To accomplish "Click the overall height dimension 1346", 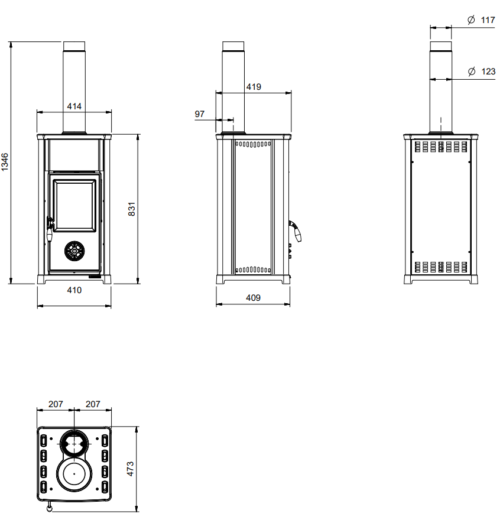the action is pyautogui.click(x=5, y=162).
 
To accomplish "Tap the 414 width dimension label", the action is pyautogui.click(x=74, y=106).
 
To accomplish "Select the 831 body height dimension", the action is pyautogui.click(x=132, y=209).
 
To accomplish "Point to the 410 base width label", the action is pyautogui.click(x=74, y=290).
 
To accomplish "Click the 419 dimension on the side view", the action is pyautogui.click(x=254, y=87).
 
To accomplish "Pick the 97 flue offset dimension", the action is pyautogui.click(x=199, y=114).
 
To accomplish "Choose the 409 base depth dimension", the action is pyautogui.click(x=253, y=298).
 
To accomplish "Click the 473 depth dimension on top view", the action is pyautogui.click(x=131, y=469).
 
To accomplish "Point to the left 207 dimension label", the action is pyautogui.click(x=56, y=404).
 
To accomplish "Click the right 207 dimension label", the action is pyautogui.click(x=93, y=404).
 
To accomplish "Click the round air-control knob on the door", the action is pyautogui.click(x=74, y=251).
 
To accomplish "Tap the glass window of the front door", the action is pyautogui.click(x=74, y=206).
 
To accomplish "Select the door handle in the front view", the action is pyautogui.click(x=50, y=229).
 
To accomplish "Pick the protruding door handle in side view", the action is pyautogui.click(x=296, y=230).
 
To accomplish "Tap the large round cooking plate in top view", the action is pyautogui.click(x=74, y=474).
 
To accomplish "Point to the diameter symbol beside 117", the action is pyautogui.click(x=471, y=20).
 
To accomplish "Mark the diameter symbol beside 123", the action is pyautogui.click(x=472, y=72).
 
